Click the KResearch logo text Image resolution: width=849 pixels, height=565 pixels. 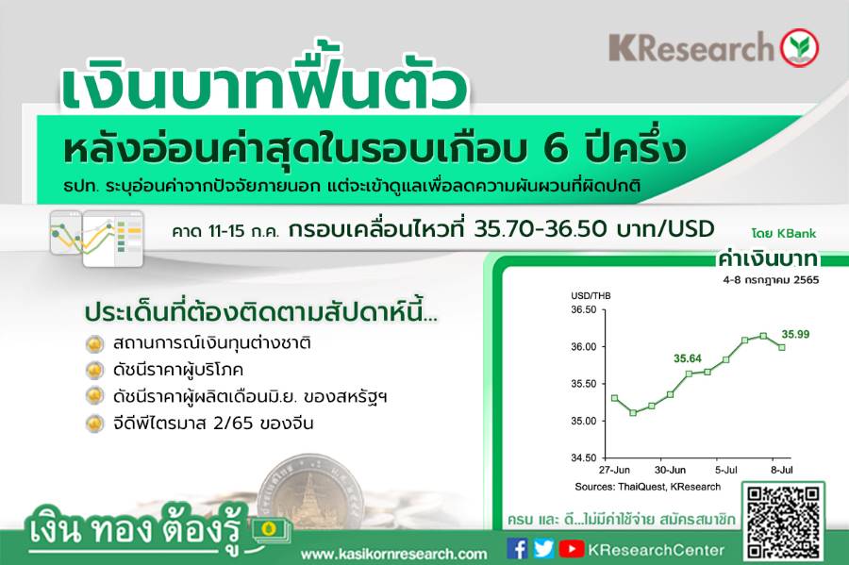691,47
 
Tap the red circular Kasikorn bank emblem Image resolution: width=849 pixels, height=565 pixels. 799,47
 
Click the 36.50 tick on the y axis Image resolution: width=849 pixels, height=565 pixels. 584,309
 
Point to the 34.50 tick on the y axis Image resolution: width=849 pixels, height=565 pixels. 584,457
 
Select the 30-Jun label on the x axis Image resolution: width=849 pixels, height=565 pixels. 671,470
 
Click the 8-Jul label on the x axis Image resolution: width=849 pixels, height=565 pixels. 782,470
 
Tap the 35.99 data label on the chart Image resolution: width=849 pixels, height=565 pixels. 795,335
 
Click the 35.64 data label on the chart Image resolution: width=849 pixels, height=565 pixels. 688,358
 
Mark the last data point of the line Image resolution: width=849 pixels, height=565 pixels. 782,347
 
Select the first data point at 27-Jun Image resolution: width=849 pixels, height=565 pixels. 614,398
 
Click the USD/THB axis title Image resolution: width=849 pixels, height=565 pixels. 591,296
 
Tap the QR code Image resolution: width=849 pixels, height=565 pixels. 783,522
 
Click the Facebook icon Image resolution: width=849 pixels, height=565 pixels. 517,549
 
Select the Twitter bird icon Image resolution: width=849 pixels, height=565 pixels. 543,549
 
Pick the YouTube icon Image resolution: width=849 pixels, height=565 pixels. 572,549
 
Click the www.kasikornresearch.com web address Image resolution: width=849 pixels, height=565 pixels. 393,555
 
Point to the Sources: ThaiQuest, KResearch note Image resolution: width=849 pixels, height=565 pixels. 647,487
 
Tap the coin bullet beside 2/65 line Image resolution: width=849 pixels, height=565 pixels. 94,423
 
